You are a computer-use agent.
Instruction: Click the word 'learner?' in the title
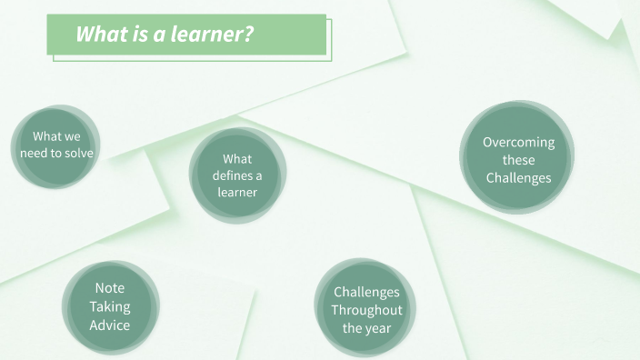(220, 35)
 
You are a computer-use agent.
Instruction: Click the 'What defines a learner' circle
(237, 175)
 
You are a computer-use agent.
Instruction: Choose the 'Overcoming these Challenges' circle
(518, 159)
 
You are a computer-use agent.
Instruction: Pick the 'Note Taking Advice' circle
(109, 306)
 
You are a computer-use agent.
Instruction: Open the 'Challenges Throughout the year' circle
(365, 310)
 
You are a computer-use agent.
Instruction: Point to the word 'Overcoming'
(518, 142)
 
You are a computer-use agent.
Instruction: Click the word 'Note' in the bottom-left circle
(109, 288)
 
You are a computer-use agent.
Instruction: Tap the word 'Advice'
(109, 325)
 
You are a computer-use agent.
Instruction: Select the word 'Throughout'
(365, 310)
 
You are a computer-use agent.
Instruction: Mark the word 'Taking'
(109, 306)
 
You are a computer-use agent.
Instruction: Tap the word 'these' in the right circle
(518, 160)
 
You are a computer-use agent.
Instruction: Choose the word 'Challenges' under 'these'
(518, 177)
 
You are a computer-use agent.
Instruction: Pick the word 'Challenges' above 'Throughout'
(365, 292)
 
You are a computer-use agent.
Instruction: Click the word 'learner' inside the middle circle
(237, 192)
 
